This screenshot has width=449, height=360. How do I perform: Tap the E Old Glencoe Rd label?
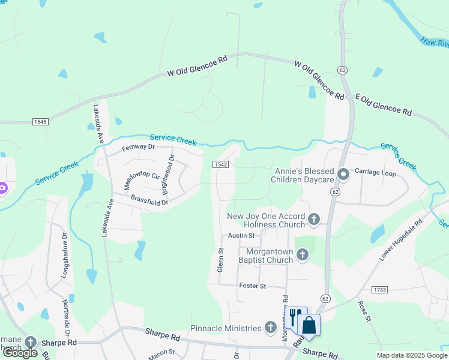pyautogui.click(x=383, y=104)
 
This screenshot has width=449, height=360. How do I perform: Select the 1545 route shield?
pyautogui.click(x=40, y=122)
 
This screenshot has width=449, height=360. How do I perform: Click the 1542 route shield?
pyautogui.click(x=220, y=164)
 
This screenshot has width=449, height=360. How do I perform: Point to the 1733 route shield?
pyautogui.click(x=379, y=290)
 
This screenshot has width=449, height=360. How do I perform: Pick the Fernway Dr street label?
pyautogui.click(x=138, y=147)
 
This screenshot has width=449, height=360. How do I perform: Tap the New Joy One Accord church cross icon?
pyautogui.click(x=314, y=220)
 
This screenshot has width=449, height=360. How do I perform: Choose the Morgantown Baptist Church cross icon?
pyautogui.click(x=302, y=256)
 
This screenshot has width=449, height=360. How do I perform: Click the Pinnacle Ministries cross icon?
pyautogui.click(x=271, y=328)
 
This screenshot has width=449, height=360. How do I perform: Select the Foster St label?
pyautogui.click(x=252, y=286)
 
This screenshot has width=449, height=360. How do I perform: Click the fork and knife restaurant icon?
pyautogui.click(x=294, y=317)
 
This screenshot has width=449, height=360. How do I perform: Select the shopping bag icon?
pyautogui.click(x=309, y=325)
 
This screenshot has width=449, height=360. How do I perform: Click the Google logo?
pyautogui.click(x=20, y=353)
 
